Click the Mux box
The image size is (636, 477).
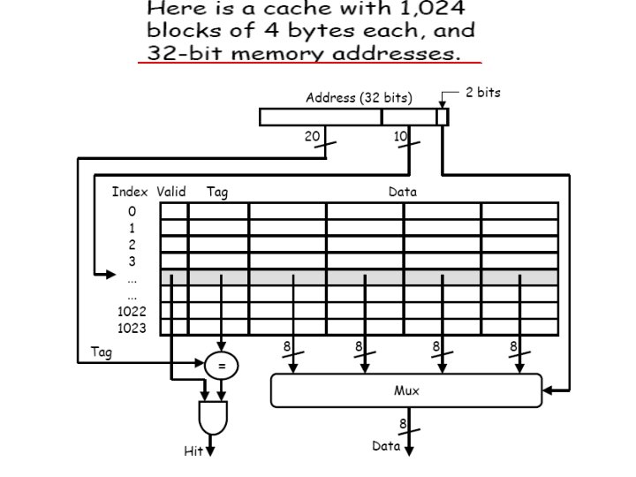pyautogui.click(x=406, y=390)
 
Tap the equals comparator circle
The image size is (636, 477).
pyautogui.click(x=221, y=364)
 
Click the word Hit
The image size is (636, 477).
pyautogui.click(x=193, y=451)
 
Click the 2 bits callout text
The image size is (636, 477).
pyautogui.click(x=482, y=92)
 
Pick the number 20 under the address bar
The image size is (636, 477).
pyautogui.click(x=312, y=137)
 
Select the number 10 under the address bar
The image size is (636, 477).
pyautogui.click(x=401, y=137)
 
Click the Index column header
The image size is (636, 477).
pyautogui.click(x=130, y=192)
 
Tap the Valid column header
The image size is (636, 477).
pyautogui.click(x=171, y=192)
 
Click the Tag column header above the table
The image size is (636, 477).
pyautogui.click(x=217, y=192)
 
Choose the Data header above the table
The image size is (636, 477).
pyautogui.click(x=403, y=192)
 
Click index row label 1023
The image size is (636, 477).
pyautogui.click(x=132, y=328)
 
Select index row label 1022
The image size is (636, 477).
pyautogui.click(x=132, y=311)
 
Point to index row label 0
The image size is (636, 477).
pyautogui.click(x=132, y=211)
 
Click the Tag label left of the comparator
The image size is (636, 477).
pyautogui.click(x=102, y=352)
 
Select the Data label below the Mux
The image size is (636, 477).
pyautogui.click(x=386, y=446)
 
